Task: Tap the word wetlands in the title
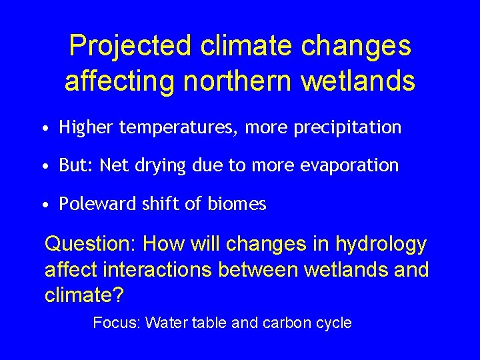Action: [x=358, y=81]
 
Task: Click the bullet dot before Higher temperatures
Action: [x=42, y=128]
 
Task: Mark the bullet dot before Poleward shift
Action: [x=42, y=205]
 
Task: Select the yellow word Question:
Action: [x=90, y=245]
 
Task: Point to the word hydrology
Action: [x=379, y=245]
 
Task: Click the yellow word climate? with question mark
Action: [x=77, y=295]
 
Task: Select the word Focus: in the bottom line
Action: [x=116, y=323]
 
